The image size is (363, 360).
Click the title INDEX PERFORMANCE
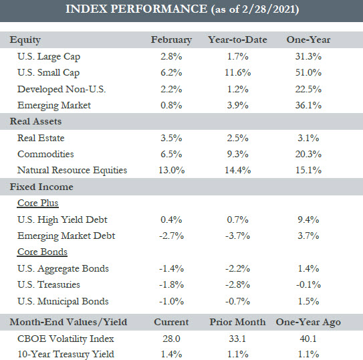pyautogui.click(x=136, y=9)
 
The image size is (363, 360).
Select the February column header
pyautogui.click(x=171, y=40)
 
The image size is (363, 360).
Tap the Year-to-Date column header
pyautogui.click(x=237, y=39)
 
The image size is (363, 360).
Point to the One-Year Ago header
pyautogui.click(x=308, y=323)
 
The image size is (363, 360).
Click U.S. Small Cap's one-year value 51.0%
pyautogui.click(x=308, y=73)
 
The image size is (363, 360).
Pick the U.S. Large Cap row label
pyautogui.click(x=49, y=57)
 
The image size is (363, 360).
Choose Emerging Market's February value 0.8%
pyautogui.click(x=171, y=106)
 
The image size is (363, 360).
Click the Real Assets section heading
pyautogui.click(x=35, y=121)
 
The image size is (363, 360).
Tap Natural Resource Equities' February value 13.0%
pyautogui.click(x=171, y=170)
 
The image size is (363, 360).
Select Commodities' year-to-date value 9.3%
pyautogui.click(x=237, y=154)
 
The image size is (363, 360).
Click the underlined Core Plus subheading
pyautogui.click(x=37, y=203)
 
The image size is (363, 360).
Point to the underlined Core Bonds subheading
pyautogui.click(x=42, y=252)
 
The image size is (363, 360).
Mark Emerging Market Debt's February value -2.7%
pyautogui.click(x=171, y=236)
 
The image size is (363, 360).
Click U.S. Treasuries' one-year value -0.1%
pyautogui.click(x=308, y=284)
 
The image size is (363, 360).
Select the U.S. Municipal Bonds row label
pyautogui.click(x=63, y=301)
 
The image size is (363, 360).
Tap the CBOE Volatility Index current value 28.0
pyautogui.click(x=171, y=339)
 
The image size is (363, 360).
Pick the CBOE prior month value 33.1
pyautogui.click(x=237, y=339)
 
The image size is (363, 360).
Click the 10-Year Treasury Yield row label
pyautogui.click(x=66, y=354)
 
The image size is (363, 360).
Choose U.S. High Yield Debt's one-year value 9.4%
pyautogui.click(x=308, y=219)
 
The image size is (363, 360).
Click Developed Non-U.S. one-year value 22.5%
pyautogui.click(x=308, y=89)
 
